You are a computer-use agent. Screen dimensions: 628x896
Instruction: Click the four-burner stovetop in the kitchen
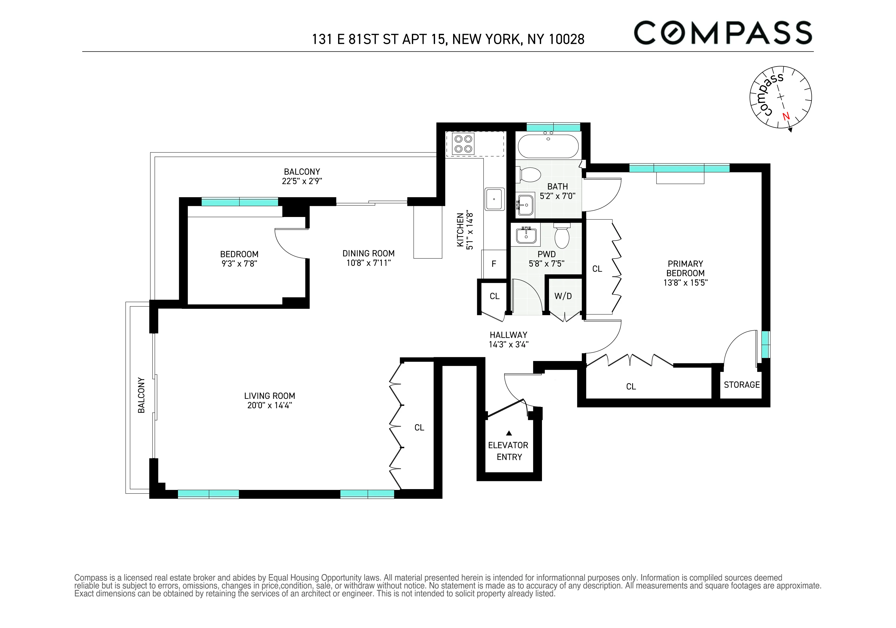[463, 144]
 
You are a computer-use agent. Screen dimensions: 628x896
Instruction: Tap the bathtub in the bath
[548, 146]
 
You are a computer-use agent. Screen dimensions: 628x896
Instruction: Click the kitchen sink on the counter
[494, 199]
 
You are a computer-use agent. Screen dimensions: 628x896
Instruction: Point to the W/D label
[563, 296]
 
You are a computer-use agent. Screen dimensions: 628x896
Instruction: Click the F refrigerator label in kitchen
[494, 264]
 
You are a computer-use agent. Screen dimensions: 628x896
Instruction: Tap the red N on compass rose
[786, 116]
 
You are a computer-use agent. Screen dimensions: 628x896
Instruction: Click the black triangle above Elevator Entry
[509, 433]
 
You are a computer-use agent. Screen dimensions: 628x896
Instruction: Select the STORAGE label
[742, 385]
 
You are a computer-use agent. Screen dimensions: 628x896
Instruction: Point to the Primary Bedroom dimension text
[685, 282]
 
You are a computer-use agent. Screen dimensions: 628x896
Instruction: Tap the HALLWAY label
[508, 335]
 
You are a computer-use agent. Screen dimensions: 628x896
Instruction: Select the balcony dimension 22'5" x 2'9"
[302, 181]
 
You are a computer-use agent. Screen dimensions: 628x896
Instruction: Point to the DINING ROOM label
[368, 253]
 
